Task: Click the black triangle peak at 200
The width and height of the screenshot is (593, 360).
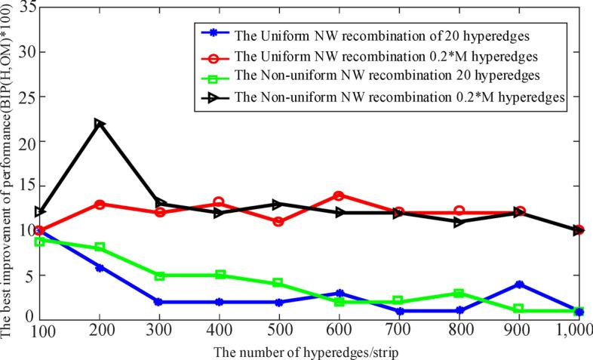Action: click(x=99, y=124)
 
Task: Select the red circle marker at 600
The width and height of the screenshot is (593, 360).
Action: click(x=339, y=195)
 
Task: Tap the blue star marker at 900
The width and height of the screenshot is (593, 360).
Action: click(x=519, y=284)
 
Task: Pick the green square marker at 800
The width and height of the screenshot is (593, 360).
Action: click(x=459, y=293)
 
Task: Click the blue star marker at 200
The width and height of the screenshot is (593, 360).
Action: click(x=99, y=267)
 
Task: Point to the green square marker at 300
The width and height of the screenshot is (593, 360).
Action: click(x=159, y=275)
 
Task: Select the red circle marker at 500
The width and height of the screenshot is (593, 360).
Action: click(x=278, y=222)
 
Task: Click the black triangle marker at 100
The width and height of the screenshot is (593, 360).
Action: click(x=39, y=212)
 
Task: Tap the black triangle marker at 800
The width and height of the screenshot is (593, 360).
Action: click(x=459, y=222)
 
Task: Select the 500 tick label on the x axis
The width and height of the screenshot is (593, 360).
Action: click(x=278, y=331)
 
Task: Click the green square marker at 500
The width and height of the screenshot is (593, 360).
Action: click(x=278, y=283)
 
